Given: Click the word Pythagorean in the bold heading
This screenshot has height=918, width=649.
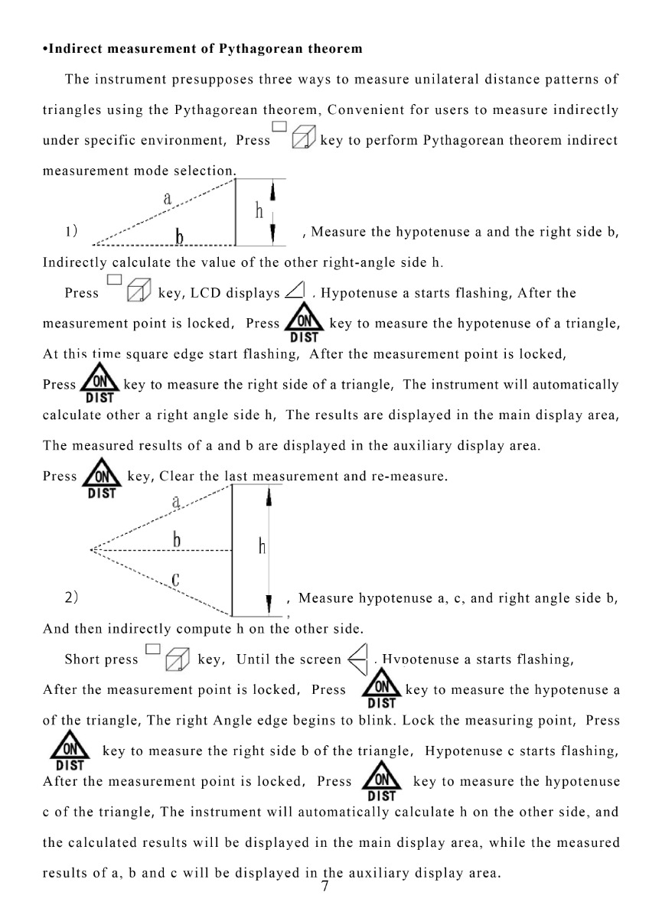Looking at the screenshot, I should [x=254, y=49].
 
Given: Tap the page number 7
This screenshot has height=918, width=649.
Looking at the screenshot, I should [x=325, y=887].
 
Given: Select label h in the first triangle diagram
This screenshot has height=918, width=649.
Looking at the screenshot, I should [x=260, y=212].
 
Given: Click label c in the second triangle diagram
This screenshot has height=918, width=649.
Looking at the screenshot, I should [x=175, y=579].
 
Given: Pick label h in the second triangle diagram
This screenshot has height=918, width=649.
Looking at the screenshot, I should [x=262, y=545].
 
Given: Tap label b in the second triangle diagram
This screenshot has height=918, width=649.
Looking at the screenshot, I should [x=177, y=539].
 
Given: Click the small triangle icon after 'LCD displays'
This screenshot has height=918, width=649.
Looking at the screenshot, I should [x=295, y=291].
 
